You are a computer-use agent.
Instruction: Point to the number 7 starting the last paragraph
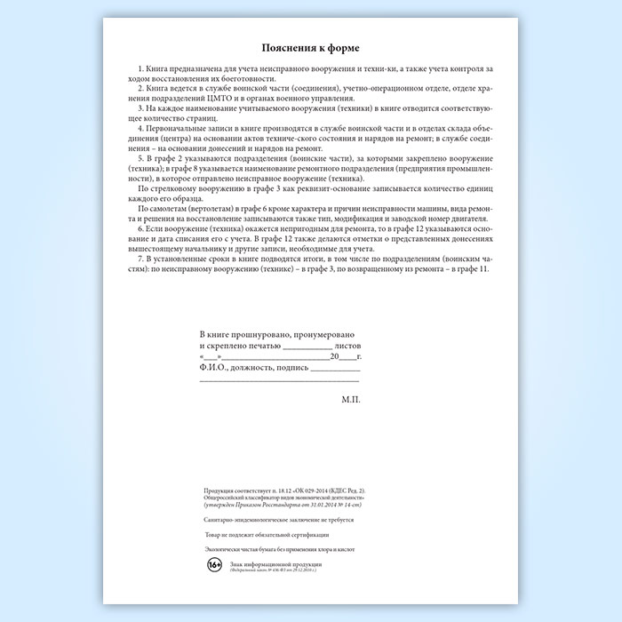(x=141, y=258)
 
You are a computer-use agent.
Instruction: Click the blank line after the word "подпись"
(x=336, y=368)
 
